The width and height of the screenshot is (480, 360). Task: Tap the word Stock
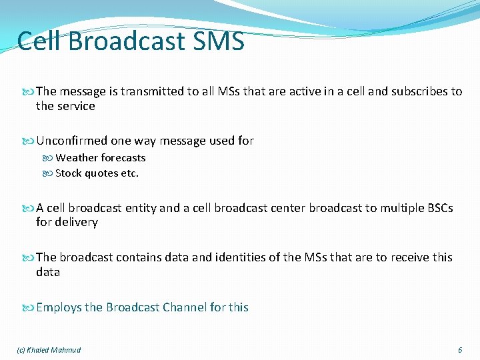point(69,173)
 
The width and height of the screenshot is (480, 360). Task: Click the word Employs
point(59,307)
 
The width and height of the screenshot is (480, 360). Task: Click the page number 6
point(459,350)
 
